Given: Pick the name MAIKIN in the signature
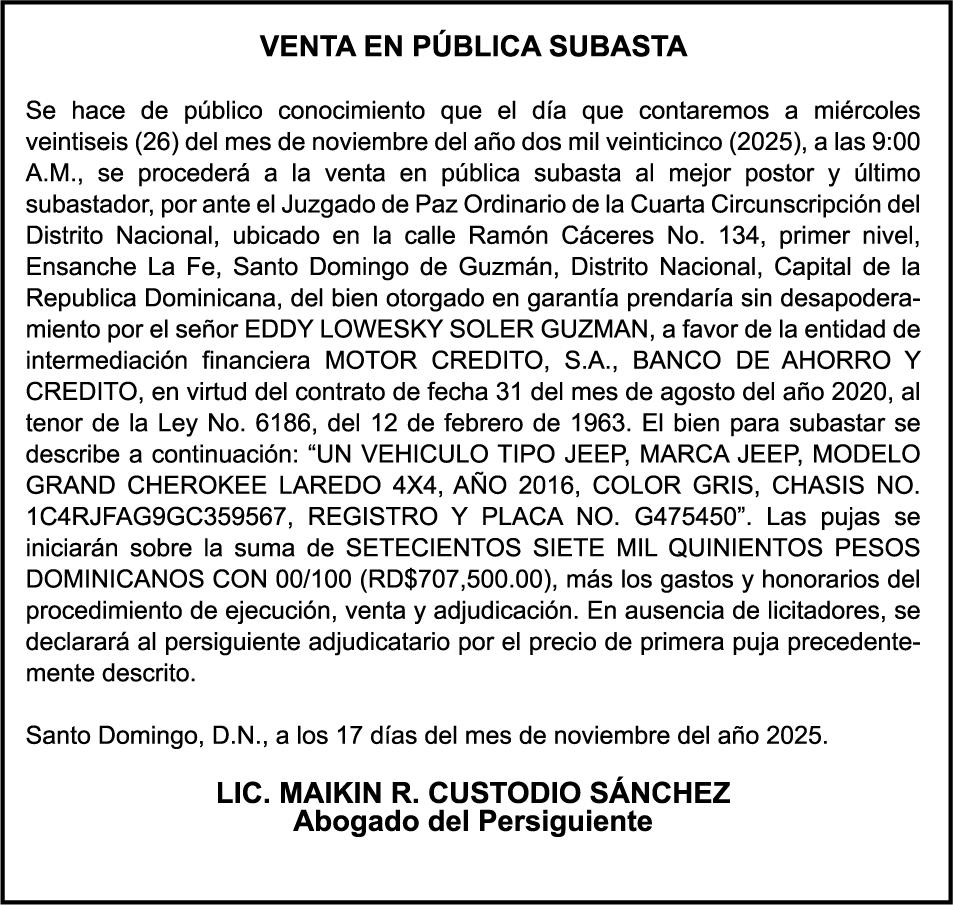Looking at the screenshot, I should point(330,794).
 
